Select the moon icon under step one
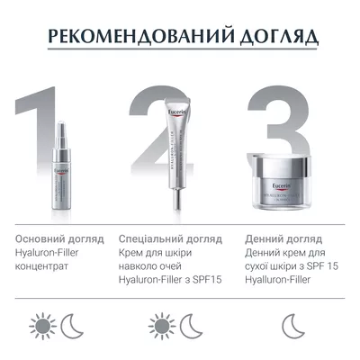click(73, 324)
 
